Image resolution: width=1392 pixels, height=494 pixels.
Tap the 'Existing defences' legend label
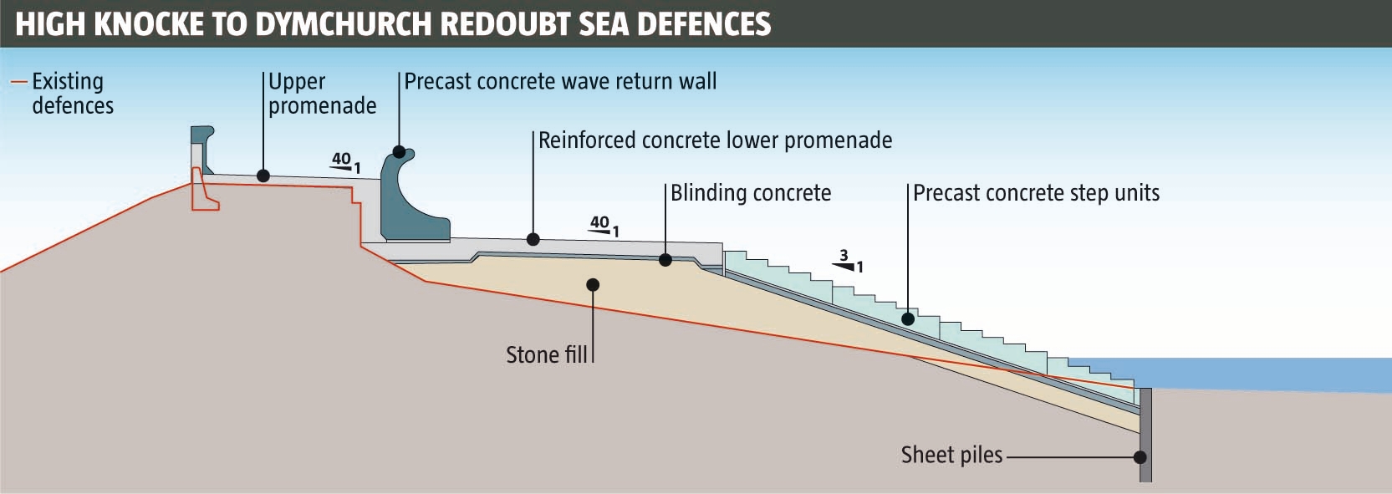pos(72,94)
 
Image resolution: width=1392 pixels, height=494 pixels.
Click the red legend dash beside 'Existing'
pos(18,82)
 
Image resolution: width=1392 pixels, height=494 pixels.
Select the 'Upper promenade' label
pos(322,94)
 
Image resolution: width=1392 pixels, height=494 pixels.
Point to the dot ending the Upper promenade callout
pos(263,176)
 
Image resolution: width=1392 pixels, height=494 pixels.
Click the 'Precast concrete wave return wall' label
pos(560,82)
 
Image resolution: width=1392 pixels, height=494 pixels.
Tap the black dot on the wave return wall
pos(399,152)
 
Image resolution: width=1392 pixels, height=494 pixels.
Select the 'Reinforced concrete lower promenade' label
pos(715,140)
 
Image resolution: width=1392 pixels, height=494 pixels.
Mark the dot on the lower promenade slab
pos(533,240)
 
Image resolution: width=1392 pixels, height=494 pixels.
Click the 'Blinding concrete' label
pos(751,193)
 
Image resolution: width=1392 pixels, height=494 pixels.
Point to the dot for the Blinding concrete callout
pos(665,260)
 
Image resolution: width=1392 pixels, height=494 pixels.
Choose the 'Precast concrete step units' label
pos(1036,193)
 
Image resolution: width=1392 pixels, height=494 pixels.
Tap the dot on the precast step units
pos(908,318)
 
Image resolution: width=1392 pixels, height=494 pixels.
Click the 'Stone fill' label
pos(547,355)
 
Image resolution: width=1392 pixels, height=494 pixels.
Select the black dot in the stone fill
pos(593,285)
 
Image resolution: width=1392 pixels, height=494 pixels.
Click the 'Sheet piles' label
pos(951,456)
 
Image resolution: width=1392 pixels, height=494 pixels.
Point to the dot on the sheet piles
pos(1140,457)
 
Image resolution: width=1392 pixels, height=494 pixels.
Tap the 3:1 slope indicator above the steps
pos(848,262)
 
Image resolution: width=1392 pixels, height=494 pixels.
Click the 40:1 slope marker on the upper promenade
pos(345,162)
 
